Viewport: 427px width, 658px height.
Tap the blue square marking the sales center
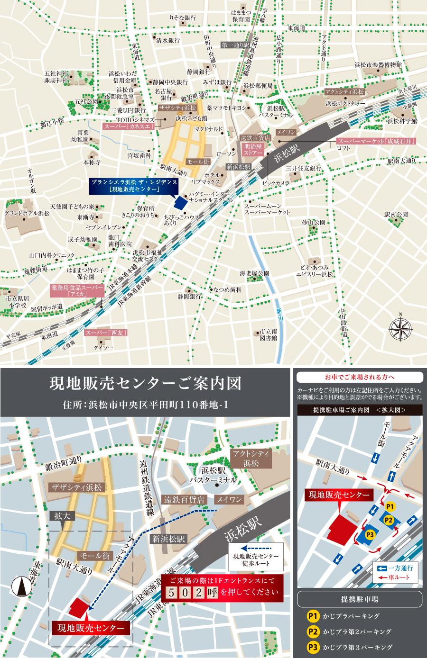point(180,203)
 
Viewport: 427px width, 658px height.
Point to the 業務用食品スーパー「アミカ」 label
point(77,290)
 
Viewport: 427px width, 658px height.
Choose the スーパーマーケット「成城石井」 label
point(376,141)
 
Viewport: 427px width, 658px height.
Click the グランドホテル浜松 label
point(27,213)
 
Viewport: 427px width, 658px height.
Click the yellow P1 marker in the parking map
point(390,506)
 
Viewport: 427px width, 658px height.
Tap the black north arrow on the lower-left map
point(21,589)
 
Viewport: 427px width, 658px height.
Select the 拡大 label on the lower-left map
point(62,516)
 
